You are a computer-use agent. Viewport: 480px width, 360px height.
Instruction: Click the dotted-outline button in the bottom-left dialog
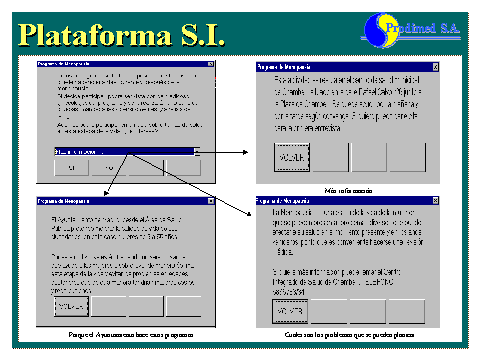pos(72,305)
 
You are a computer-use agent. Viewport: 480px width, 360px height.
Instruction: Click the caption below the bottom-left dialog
pos(129,334)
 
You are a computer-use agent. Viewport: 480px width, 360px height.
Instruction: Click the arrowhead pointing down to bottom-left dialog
pos(104,191)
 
